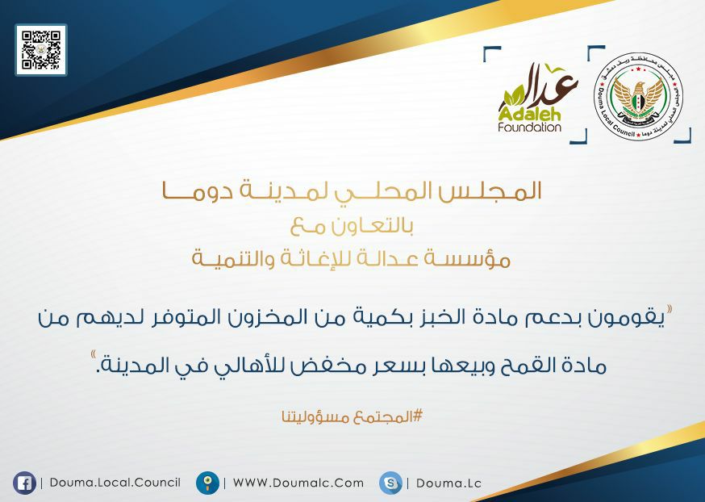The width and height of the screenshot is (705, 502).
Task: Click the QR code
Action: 41,49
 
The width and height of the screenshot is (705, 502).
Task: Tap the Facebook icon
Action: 24,483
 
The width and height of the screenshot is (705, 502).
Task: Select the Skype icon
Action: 390,483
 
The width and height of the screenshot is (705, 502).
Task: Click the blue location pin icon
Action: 208,483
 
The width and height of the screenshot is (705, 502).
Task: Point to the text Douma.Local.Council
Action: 115,483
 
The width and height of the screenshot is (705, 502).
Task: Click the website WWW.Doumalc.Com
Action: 298,483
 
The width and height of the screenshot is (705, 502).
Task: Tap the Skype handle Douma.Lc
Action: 448,483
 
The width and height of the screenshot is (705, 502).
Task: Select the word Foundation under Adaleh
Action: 530,127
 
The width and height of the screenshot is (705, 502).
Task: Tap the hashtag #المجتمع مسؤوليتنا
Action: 352,417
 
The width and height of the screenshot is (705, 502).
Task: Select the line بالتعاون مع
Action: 352,226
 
